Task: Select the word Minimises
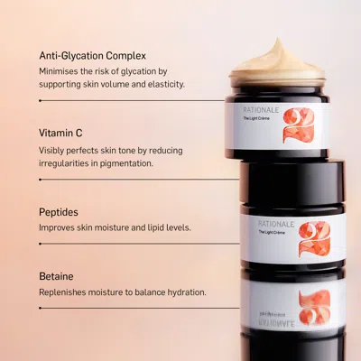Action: pyautogui.click(x=63, y=69)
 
